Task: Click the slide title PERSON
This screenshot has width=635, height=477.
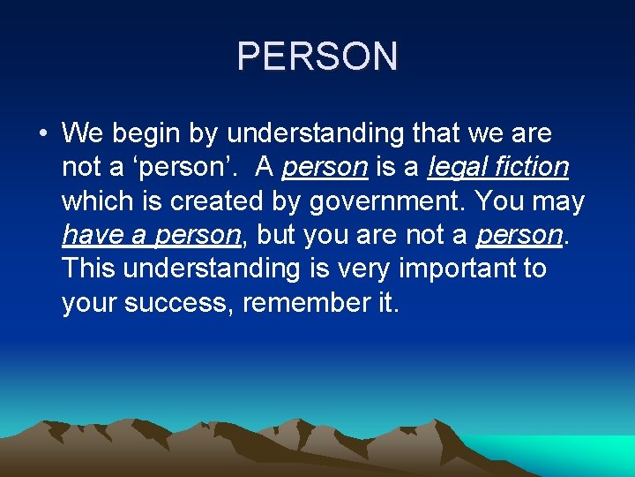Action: [317, 57]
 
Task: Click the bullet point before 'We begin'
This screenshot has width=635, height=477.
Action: [42, 134]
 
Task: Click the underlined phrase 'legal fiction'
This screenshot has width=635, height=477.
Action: [498, 168]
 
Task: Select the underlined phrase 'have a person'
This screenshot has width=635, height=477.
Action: [151, 236]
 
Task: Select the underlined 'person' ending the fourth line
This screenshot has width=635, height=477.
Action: [519, 236]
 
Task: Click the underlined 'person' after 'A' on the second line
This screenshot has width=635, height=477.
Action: [325, 168]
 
